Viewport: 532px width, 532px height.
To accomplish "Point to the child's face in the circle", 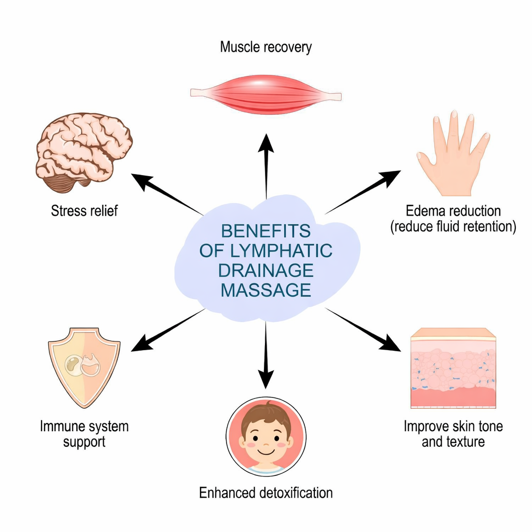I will pos(266,436).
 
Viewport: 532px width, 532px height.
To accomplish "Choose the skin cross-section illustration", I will pos(453,369).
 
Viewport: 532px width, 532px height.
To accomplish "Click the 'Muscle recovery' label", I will pos(265,47).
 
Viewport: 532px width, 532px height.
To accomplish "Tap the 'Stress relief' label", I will pos(84,211).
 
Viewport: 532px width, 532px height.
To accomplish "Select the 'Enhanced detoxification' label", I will pos(265,493).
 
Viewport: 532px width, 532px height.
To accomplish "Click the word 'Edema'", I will pos(424,211).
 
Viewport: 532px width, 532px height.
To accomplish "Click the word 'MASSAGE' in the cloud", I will pos(265,290).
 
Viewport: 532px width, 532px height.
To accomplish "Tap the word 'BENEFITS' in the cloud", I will pos(265,231).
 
